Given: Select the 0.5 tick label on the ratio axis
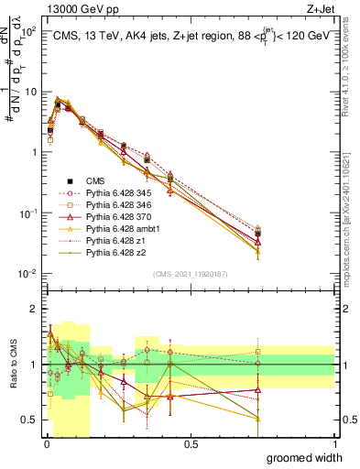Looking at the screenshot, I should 29,420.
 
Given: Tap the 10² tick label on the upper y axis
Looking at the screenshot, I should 30,31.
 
